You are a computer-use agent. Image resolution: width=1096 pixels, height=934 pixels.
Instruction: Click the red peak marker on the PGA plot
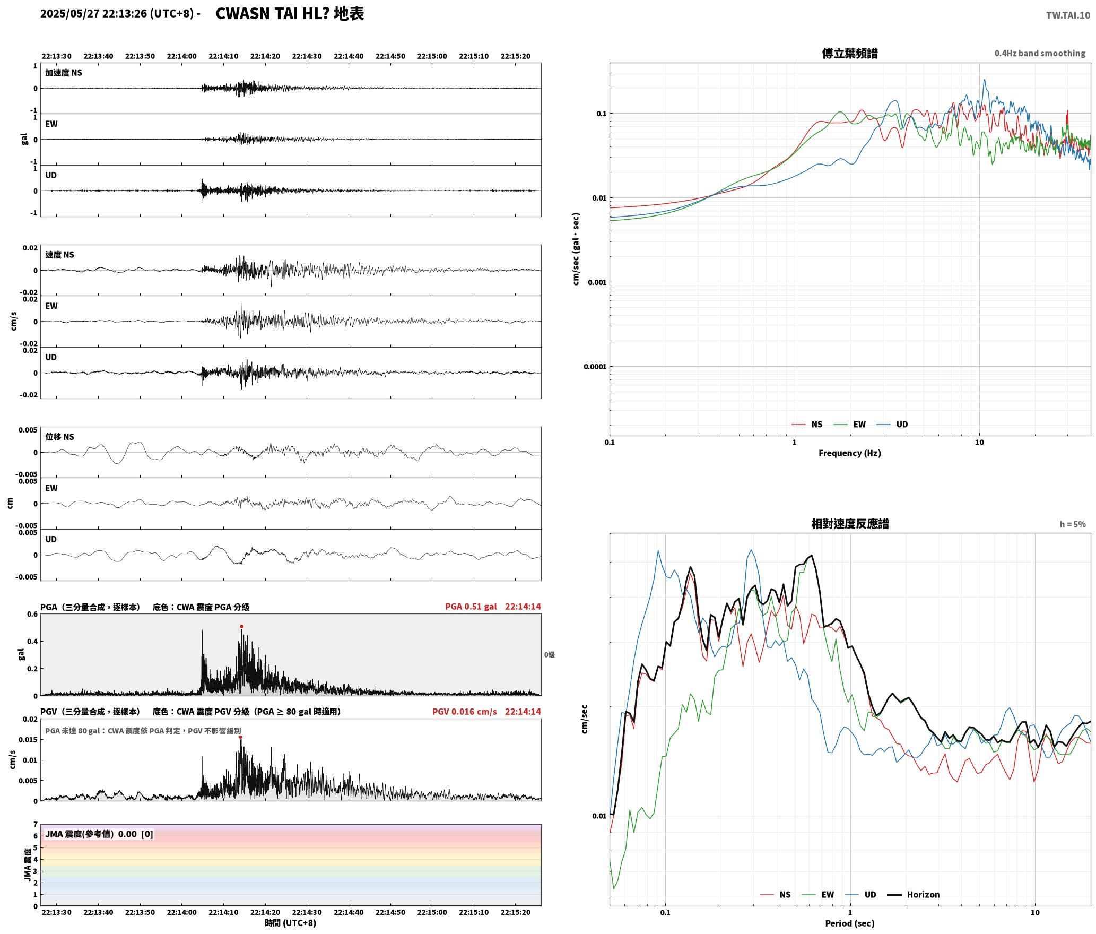(x=241, y=627)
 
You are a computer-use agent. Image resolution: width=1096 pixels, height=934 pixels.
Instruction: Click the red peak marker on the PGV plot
(x=240, y=737)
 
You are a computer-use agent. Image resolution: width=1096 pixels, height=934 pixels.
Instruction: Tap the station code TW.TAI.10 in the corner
(x=1068, y=15)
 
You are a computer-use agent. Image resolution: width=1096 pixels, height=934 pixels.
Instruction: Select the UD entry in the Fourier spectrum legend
(x=902, y=425)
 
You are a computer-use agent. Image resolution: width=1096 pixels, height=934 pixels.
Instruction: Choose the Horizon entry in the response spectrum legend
(x=923, y=895)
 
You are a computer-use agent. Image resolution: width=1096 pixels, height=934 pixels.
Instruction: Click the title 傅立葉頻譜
(x=850, y=53)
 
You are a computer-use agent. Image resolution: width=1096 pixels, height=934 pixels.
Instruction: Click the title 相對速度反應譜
(x=850, y=524)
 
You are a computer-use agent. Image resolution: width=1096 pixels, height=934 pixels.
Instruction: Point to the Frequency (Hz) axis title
(x=850, y=453)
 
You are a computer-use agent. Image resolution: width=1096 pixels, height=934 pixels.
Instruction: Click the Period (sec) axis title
(x=850, y=923)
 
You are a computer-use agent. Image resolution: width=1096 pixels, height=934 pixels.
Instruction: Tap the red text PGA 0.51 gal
(x=471, y=607)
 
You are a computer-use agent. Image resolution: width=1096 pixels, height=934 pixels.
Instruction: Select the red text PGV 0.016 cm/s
(x=465, y=712)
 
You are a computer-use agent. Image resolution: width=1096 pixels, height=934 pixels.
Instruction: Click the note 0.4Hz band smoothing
(x=1040, y=53)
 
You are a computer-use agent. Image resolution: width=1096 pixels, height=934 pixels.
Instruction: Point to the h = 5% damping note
(x=1073, y=524)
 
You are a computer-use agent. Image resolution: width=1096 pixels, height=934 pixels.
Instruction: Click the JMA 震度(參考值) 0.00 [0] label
(x=99, y=834)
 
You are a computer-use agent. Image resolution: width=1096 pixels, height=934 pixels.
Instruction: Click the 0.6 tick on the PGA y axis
(x=32, y=615)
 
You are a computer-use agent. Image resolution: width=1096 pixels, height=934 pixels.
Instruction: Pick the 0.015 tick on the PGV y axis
(x=30, y=740)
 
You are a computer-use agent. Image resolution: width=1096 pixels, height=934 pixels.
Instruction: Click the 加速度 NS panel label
(x=64, y=73)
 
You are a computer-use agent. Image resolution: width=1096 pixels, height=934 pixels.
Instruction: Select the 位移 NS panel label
(x=59, y=437)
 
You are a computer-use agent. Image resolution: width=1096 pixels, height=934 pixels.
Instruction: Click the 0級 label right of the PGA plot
(x=549, y=655)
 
